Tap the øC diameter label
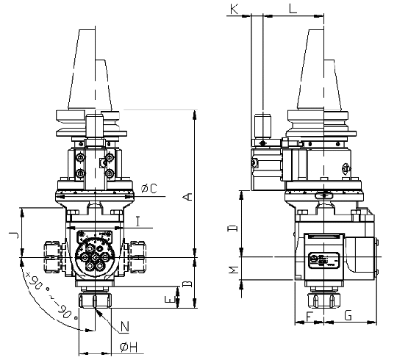[149, 189]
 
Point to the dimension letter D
[233, 228]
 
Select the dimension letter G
[348, 315]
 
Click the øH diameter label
[126, 347]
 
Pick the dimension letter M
[233, 271]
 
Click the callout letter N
[124, 326]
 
